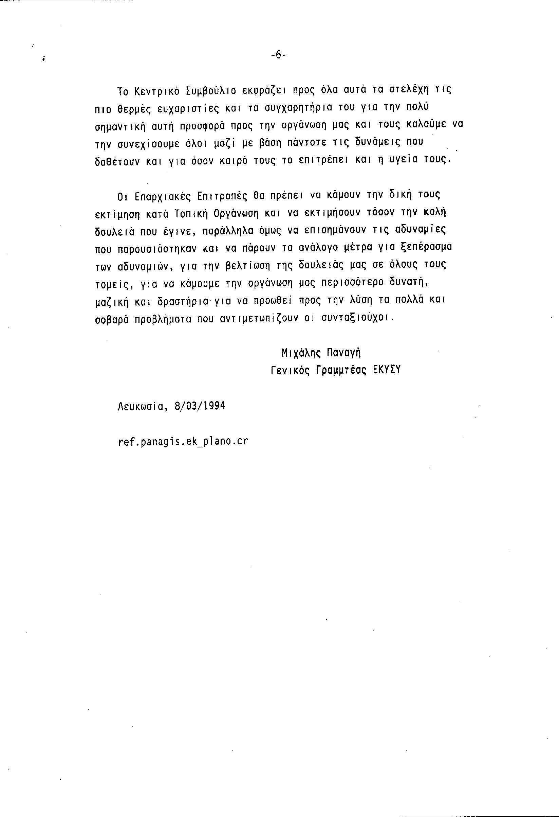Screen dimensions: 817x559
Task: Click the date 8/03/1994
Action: [200, 406]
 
